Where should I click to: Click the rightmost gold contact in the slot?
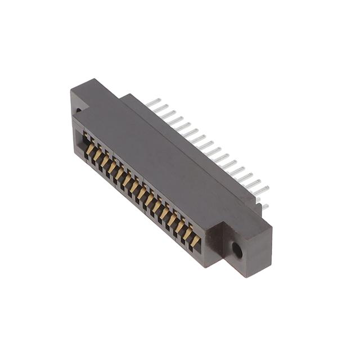click(x=194, y=241)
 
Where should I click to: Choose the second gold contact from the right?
click(x=187, y=234)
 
